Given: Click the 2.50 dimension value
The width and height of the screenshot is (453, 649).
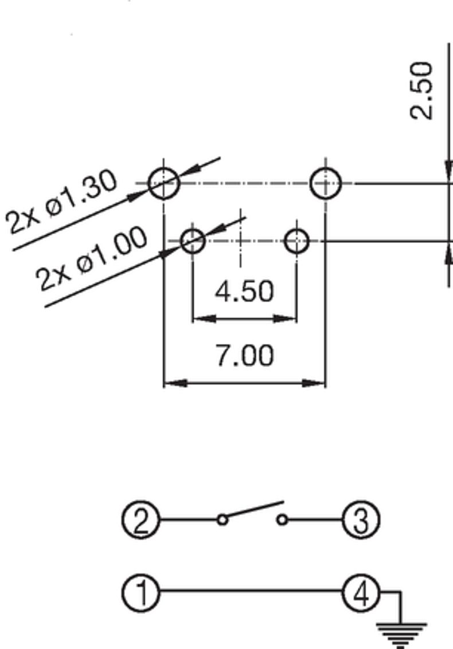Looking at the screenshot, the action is [x=421, y=91].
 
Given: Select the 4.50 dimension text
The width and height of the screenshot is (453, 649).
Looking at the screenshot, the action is [x=244, y=292].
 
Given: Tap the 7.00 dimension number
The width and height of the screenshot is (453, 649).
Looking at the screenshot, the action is [x=244, y=355].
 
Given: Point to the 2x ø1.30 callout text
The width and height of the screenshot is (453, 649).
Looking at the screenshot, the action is [x=62, y=202].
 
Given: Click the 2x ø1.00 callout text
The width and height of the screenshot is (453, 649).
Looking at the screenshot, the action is [x=92, y=258].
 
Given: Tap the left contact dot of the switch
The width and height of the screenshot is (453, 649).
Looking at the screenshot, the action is [x=222, y=520].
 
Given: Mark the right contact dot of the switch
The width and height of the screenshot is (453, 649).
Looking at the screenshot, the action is [x=282, y=520].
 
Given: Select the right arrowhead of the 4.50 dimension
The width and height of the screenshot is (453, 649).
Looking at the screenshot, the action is [x=286, y=319].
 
